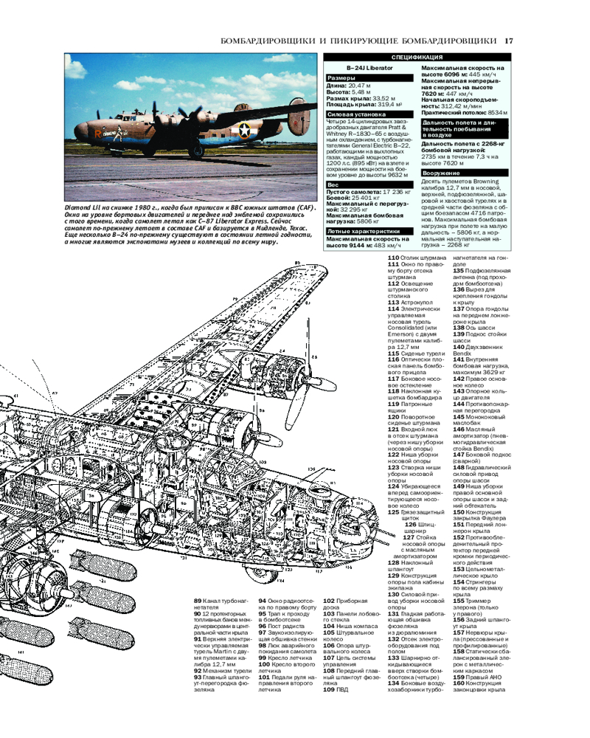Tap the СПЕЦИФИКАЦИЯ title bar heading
pyautogui.click(x=417, y=58)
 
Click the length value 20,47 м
pyautogui.click(x=359, y=86)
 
